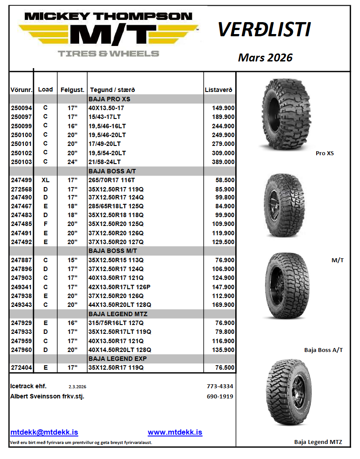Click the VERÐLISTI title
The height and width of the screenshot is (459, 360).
pyautogui.click(x=264, y=30)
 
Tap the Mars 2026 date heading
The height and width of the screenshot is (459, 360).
pyautogui.click(x=265, y=57)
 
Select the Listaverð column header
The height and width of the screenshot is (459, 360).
pyautogui.click(x=219, y=90)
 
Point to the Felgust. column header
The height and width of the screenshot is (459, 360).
pyautogui.click(x=73, y=90)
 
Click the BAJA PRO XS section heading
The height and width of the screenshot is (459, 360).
pyautogui.click(x=109, y=99)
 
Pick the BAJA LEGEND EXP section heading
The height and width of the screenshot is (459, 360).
pyautogui.click(x=118, y=359)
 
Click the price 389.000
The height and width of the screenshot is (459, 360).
pyautogui.click(x=223, y=162)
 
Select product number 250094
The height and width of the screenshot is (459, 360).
pyautogui.click(x=21, y=108)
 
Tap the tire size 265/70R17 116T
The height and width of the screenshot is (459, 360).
pyautogui.click(x=112, y=180)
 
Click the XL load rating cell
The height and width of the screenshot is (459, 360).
pyautogui.click(x=45, y=180)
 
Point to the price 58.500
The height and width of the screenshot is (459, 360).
pyautogui.click(x=225, y=180)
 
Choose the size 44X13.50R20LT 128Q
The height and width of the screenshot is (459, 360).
pyautogui.click(x=120, y=305)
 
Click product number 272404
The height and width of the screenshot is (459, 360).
pyautogui.click(x=21, y=367)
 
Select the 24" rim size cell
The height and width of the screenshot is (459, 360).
pyautogui.click(x=73, y=162)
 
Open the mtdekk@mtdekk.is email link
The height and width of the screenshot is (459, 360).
pyautogui.click(x=44, y=432)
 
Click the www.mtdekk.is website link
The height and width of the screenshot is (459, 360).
pyautogui.click(x=175, y=432)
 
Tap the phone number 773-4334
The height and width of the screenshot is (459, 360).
pyautogui.click(x=220, y=386)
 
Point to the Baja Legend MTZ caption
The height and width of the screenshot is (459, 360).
pyautogui.click(x=318, y=442)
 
